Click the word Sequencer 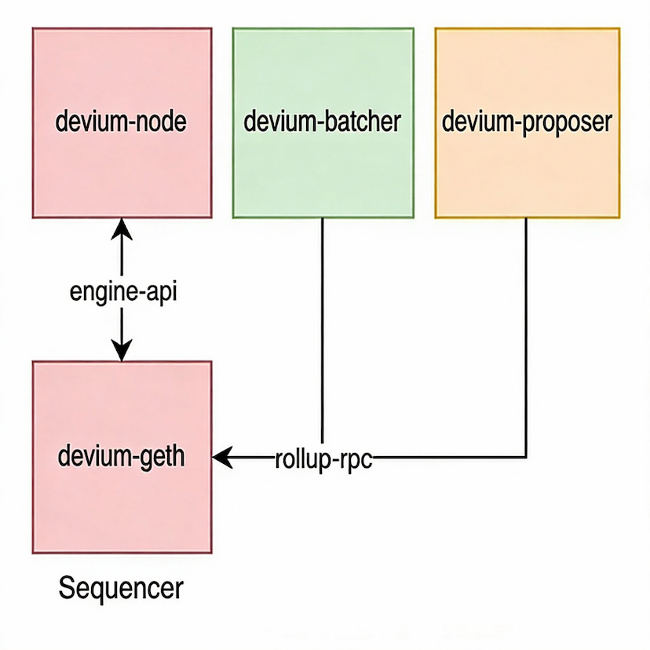(122, 587)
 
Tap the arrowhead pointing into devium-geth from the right (221, 456)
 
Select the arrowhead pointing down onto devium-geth (121, 352)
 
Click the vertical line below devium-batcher (323, 330)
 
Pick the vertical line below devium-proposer (526, 330)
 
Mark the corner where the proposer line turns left (526, 456)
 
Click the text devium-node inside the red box (122, 122)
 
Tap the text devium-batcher (323, 122)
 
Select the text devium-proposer (527, 122)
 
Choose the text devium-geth (122, 456)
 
